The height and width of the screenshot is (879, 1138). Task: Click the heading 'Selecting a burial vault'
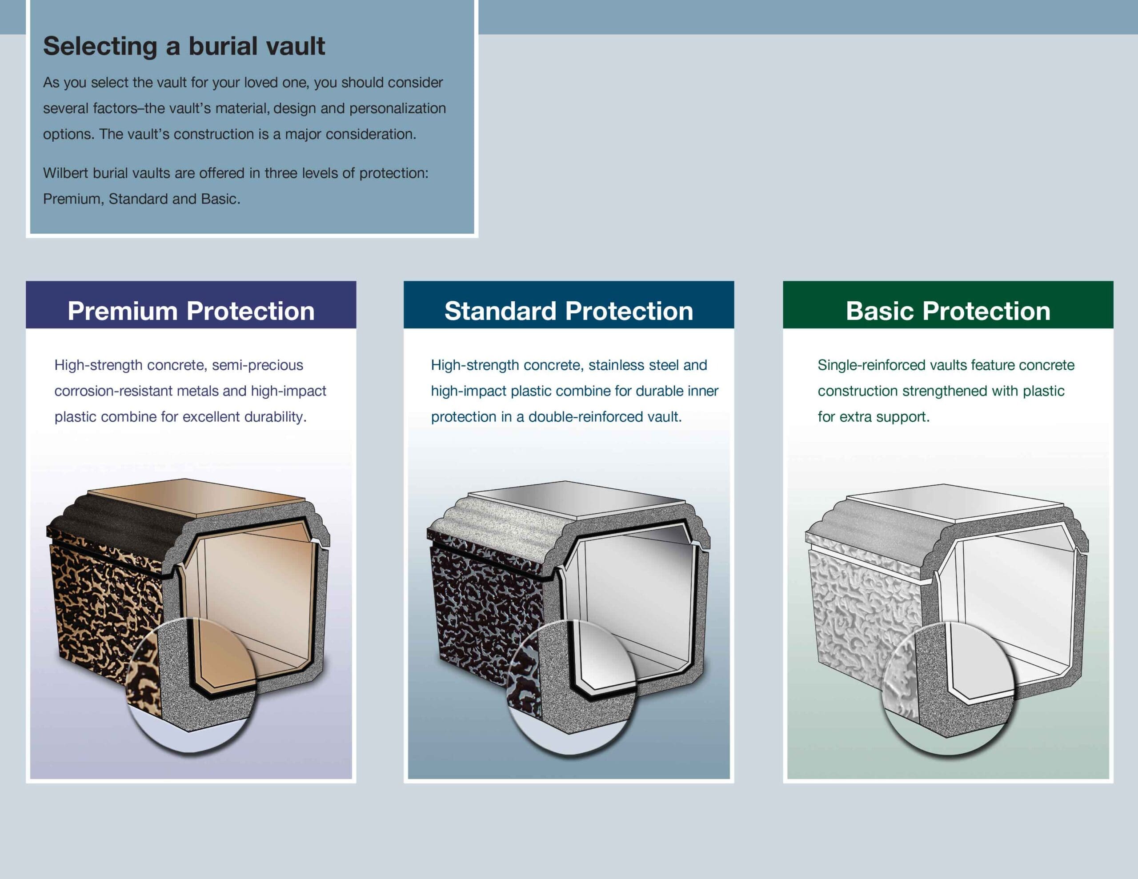click(184, 46)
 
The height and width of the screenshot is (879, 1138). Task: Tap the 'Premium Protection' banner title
click(191, 311)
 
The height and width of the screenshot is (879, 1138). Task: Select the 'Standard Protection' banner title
click(569, 311)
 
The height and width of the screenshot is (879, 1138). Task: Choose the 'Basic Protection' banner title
click(948, 311)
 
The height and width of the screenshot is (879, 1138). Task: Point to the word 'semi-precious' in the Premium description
click(257, 365)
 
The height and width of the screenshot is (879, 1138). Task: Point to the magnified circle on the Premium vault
click(191, 685)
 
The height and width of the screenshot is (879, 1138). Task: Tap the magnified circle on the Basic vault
click(947, 688)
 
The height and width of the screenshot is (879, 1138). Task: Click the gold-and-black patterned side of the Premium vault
click(102, 599)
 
